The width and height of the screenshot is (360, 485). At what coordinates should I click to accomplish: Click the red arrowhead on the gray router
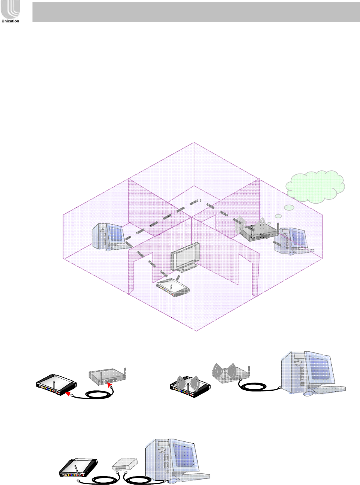tap(111, 383)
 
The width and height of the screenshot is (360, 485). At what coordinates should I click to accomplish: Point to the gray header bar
tap(196, 12)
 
